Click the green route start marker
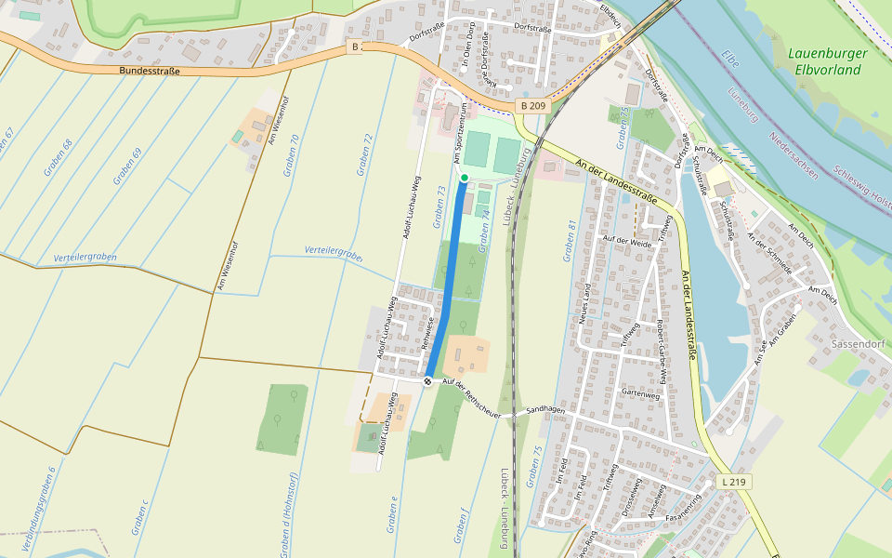[464, 177]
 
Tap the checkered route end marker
[427, 381]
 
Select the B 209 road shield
[533, 107]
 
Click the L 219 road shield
[735, 482]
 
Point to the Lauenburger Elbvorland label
[828, 61]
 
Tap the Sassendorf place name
[862, 343]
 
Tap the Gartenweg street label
[640, 393]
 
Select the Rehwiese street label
[428, 332]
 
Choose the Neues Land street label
[586, 304]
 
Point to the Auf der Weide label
[628, 239]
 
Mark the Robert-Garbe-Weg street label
[661, 352]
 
